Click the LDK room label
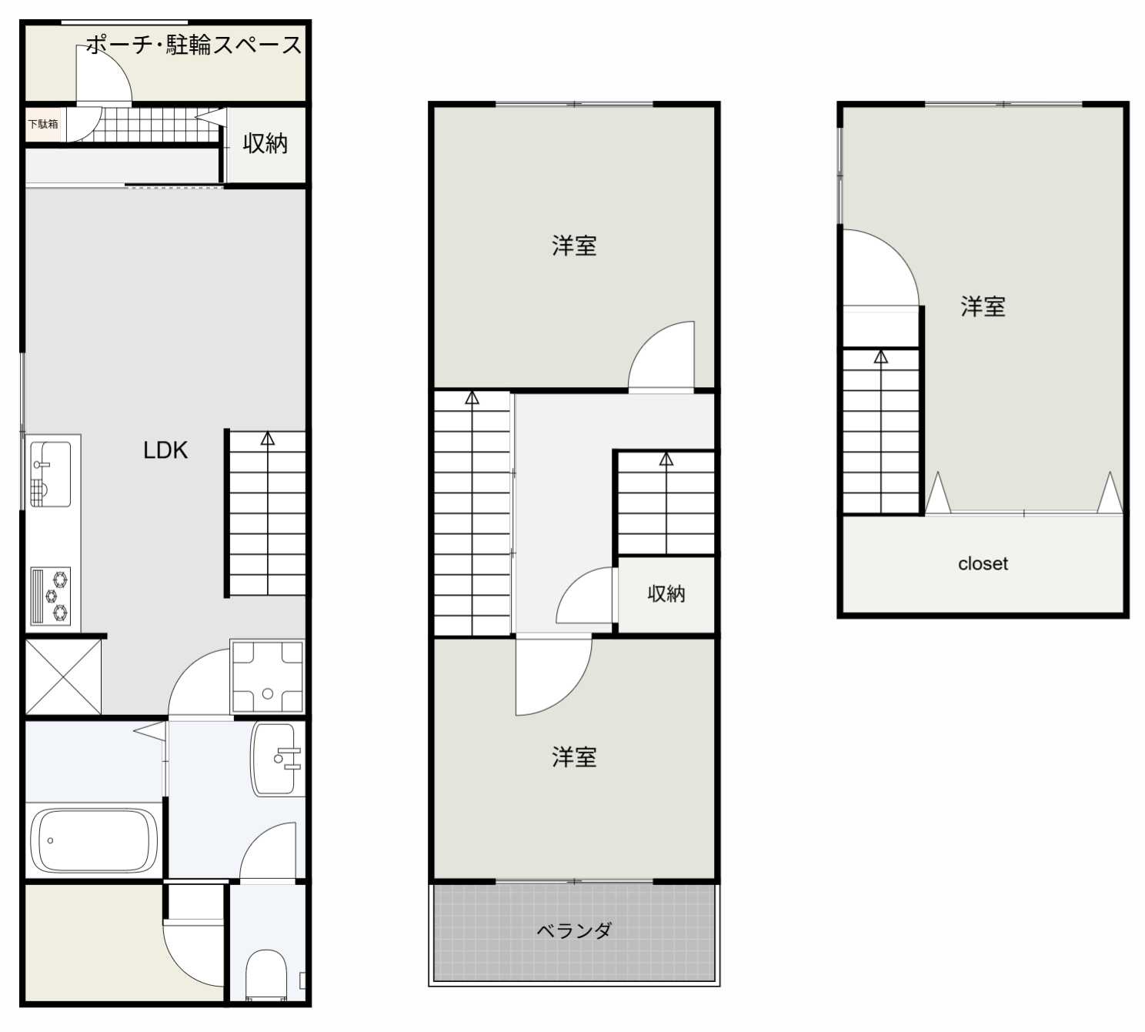tap(165, 451)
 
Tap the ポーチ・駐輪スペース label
tap(194, 45)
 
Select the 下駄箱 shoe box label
tap(43, 124)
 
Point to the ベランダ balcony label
tap(574, 930)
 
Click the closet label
tap(983, 563)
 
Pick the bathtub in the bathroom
tap(94, 840)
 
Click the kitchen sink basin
tap(51, 474)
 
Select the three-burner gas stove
tap(51, 596)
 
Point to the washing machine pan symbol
tap(267, 676)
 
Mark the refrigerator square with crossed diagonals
tap(63, 676)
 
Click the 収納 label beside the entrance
tap(265, 143)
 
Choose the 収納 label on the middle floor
tap(666, 594)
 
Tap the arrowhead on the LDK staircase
tap(268, 439)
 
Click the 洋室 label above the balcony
tap(574, 756)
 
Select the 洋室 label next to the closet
tap(983, 307)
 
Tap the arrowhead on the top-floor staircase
tap(881, 357)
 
